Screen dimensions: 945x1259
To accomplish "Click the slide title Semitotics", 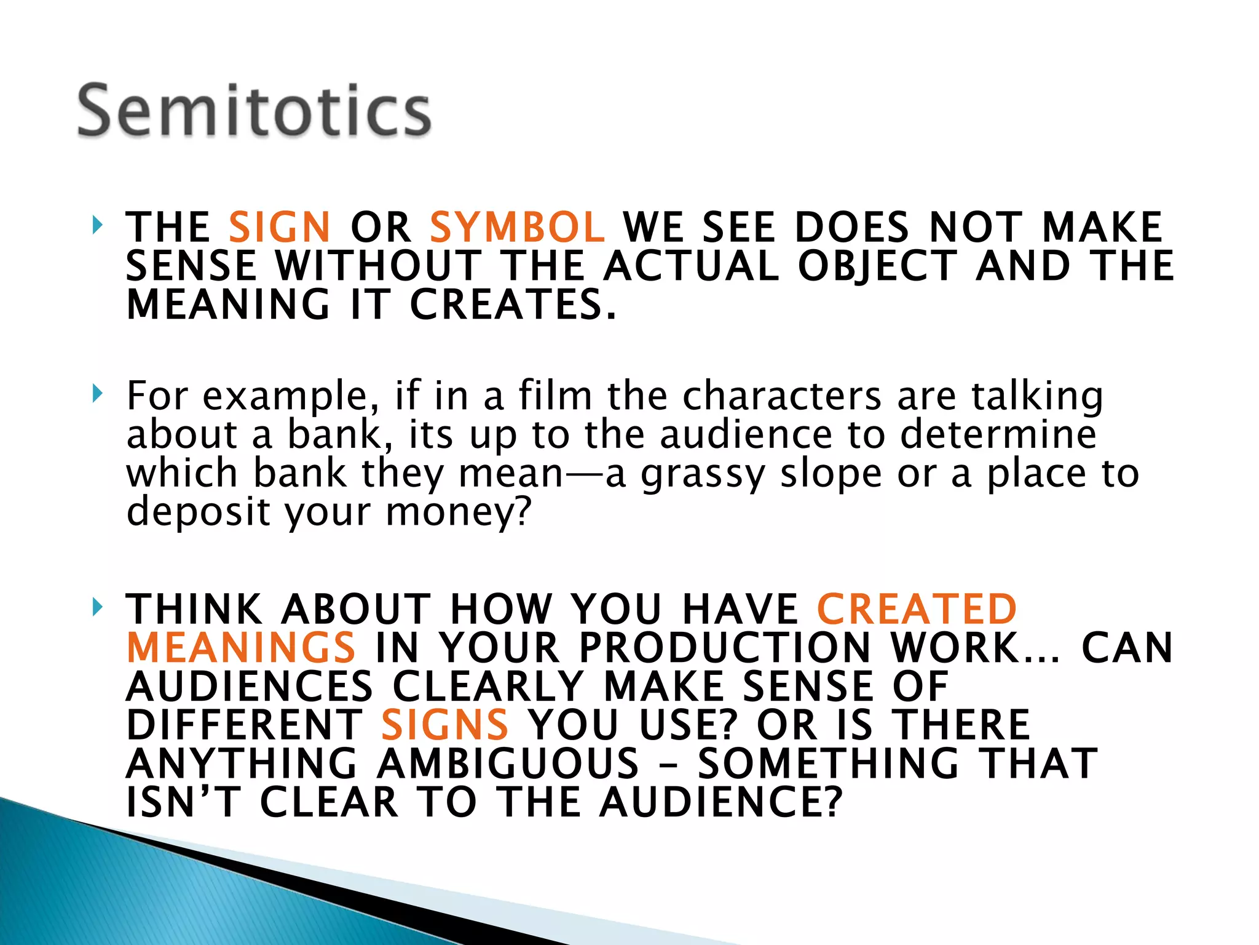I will tap(254, 111).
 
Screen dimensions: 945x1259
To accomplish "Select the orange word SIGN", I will tap(280, 227).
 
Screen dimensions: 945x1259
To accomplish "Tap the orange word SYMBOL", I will tap(517, 227).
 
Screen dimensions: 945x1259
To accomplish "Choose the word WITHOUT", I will tap(378, 266).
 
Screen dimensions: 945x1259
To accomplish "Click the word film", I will tap(555, 395).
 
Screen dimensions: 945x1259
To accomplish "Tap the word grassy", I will tap(703, 474).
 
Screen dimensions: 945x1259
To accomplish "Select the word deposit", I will tap(198, 512).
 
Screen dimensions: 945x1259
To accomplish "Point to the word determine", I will tap(998, 434).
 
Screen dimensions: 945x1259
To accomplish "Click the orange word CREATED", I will tap(917, 610).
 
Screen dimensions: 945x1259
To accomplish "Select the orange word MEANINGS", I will tap(241, 648).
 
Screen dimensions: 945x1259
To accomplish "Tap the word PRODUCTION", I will tap(725, 648).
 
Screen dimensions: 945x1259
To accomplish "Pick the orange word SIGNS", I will tap(444, 725).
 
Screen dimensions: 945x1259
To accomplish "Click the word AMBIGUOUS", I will tap(508, 764).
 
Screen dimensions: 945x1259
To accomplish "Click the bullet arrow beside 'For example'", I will tap(97, 393).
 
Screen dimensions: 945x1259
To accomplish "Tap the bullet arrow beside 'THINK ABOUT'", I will tap(97, 607).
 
